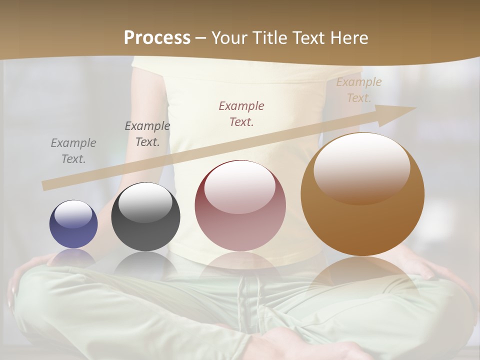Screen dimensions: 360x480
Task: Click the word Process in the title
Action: coord(157,37)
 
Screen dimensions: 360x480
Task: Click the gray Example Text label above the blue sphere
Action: coord(73,151)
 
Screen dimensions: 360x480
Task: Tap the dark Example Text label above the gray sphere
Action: coord(147,134)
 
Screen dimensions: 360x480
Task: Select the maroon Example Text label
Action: coord(241,114)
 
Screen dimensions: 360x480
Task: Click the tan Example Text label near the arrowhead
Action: coord(359,90)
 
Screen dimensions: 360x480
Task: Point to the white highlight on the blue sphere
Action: coord(73,214)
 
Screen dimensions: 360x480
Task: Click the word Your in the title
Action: coord(229,37)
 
